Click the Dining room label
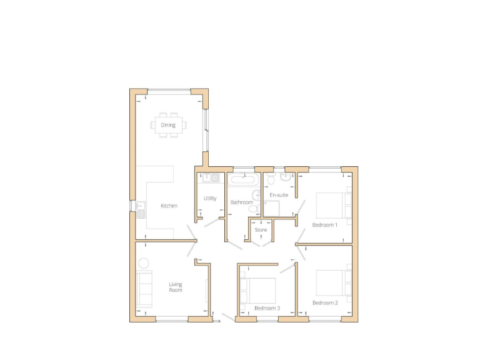[x=168, y=125]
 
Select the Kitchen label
[x=169, y=206]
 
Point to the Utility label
[x=210, y=199]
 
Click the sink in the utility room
[x=211, y=179]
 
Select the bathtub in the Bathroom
[x=241, y=180]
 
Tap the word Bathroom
[x=241, y=202]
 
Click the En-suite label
[x=279, y=195]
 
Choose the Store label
[x=261, y=230]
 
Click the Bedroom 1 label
[x=324, y=224]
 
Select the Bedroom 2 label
[x=325, y=302]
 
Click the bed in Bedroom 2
[x=331, y=282]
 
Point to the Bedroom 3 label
[x=267, y=308]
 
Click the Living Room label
[x=176, y=287]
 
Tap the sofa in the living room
[x=144, y=287]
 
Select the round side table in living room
[x=143, y=263]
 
